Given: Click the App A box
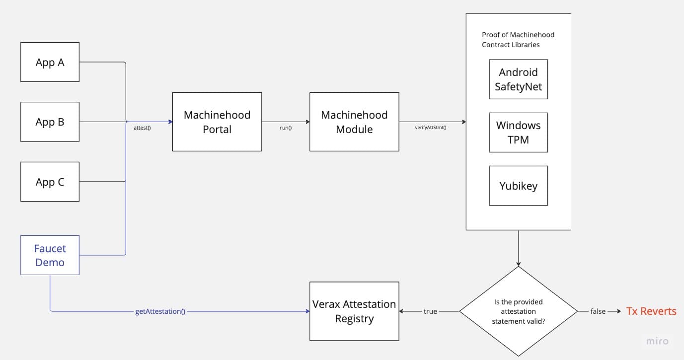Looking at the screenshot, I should pos(50,62).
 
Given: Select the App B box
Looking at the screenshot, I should pos(50,122).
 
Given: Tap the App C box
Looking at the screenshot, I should pos(50,182).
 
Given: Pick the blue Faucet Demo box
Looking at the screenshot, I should pos(50,255).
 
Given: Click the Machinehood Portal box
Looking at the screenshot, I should pos(217,122).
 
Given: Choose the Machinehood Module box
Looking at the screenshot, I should pos(354,122).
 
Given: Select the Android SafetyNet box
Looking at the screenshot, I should pos(518,79).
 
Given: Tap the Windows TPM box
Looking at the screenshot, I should pos(518,132).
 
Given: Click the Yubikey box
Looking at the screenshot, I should pos(518,186).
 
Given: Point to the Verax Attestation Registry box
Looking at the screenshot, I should pos(354,311).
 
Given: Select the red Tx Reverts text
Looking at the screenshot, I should pos(651,311).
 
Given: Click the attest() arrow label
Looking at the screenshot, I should pos(142,128).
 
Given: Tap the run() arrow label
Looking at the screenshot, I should pos(286,128).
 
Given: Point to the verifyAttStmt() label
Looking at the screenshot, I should pos(430,128).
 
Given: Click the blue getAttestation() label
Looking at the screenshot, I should pos(160,311).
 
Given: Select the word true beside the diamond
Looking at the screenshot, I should pos(430,311).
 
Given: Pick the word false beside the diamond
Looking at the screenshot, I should pos(598,311).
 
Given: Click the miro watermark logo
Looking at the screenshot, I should pos(657,341).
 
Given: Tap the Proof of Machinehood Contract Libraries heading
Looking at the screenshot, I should pos(518,40).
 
